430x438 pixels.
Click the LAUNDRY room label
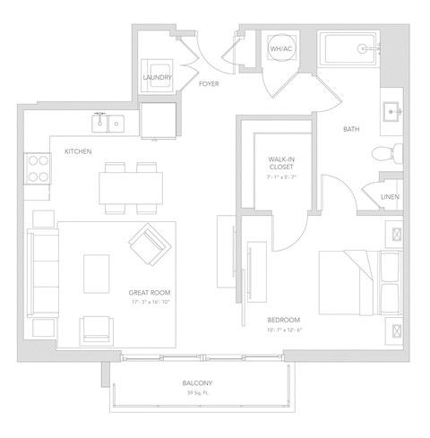point(157,78)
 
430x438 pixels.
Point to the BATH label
point(352,129)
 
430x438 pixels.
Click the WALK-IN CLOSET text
point(282,162)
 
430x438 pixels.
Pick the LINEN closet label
point(390,197)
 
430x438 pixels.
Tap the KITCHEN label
point(78,151)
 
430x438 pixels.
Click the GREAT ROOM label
point(150,292)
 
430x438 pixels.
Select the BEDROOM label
point(283,320)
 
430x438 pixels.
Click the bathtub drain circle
point(365,48)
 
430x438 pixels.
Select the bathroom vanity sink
point(392,111)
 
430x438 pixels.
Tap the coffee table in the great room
point(97,273)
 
